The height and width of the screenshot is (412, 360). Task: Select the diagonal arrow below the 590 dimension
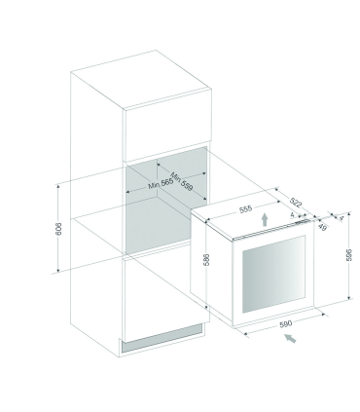289,341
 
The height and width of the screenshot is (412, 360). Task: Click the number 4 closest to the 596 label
342,218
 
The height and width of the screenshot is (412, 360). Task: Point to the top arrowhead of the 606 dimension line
60,180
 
